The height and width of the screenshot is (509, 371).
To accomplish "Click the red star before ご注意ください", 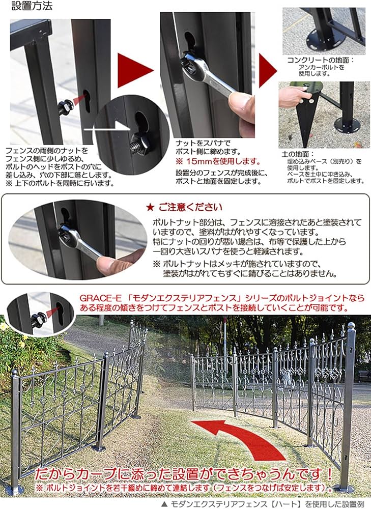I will point(149,207).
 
